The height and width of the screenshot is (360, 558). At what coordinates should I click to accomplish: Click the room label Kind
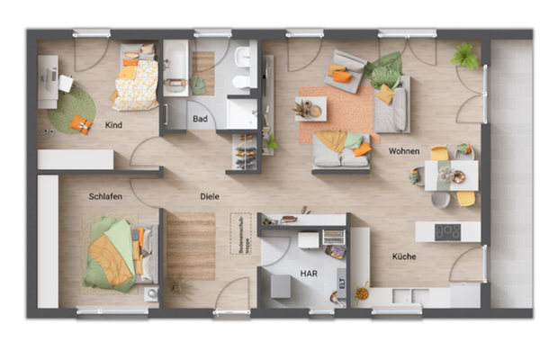113,124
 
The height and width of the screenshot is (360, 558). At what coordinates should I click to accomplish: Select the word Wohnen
404,151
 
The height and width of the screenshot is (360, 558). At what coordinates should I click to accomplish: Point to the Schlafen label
105,195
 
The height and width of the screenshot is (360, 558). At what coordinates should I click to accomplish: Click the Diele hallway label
210,195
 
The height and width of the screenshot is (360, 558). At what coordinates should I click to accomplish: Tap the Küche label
404,256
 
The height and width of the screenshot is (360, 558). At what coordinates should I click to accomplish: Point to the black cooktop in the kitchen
447,231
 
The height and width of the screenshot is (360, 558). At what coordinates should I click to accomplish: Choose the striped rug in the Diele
191,245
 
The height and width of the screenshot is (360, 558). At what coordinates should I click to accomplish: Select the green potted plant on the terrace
465,56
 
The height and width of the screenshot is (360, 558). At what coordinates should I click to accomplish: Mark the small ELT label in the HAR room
342,282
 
